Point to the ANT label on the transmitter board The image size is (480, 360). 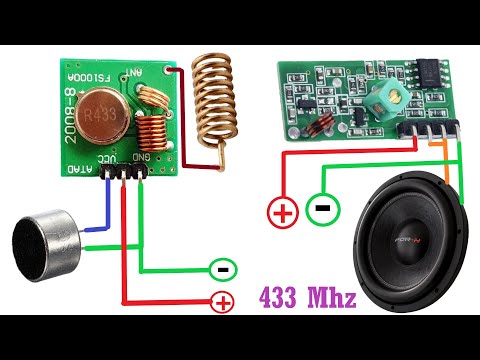click(136, 74)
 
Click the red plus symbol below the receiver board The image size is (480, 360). click(282, 212)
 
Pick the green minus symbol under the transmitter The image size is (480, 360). click(223, 269)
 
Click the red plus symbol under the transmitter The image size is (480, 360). click(222, 301)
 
